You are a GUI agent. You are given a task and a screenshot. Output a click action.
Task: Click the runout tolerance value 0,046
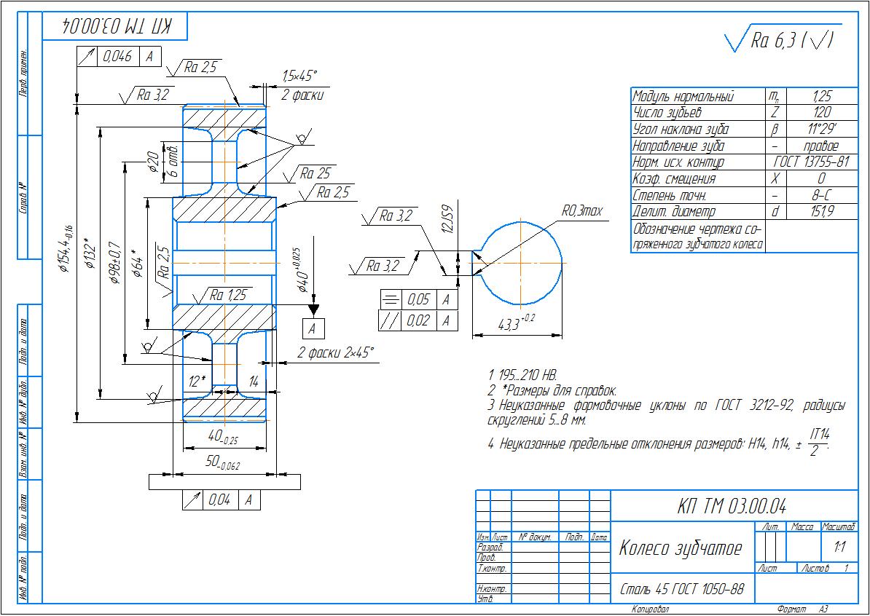tap(117, 56)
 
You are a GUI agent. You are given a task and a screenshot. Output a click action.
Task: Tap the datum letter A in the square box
tap(313, 328)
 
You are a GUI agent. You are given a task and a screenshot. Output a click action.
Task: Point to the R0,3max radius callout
tap(581, 211)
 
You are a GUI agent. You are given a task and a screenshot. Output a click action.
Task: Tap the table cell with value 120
tap(821, 113)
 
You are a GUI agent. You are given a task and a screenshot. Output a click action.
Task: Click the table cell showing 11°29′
tap(821, 130)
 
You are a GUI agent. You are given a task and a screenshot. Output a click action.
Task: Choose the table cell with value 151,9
tap(821, 211)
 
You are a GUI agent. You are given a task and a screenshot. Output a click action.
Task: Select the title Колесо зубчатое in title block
tap(680, 548)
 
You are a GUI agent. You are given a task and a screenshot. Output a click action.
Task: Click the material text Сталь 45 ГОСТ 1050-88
tap(681, 588)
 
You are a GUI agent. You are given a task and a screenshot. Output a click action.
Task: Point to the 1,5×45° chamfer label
tap(299, 75)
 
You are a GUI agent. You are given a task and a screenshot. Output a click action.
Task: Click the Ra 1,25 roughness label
tap(227, 296)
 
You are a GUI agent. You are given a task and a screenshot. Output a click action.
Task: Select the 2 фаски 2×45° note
tap(335, 353)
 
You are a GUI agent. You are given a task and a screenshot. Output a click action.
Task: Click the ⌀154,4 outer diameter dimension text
tap(65, 247)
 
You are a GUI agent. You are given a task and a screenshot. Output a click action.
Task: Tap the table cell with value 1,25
tap(821, 96)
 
